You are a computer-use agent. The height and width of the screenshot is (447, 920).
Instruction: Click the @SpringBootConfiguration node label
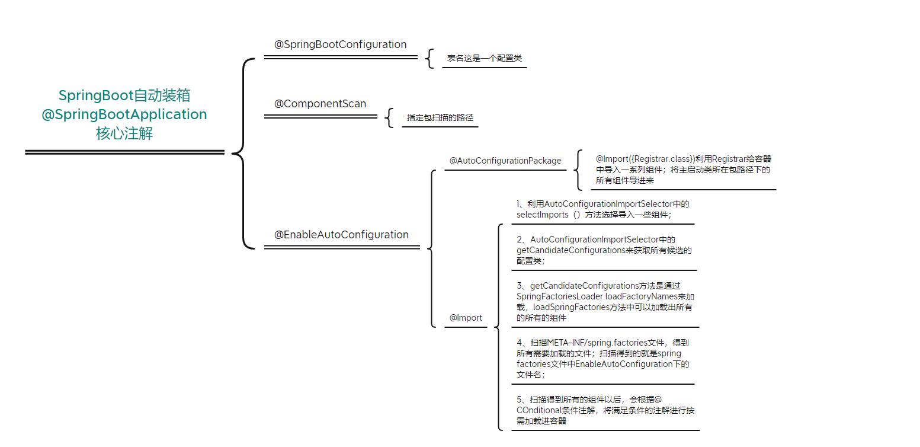tap(340, 44)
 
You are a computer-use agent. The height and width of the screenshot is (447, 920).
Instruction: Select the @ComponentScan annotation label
tap(320, 104)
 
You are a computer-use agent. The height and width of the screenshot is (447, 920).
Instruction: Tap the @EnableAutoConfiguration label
tap(341, 235)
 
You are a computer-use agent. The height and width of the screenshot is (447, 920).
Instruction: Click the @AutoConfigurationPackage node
tap(505, 161)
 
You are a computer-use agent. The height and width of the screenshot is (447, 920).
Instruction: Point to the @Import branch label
tap(466, 318)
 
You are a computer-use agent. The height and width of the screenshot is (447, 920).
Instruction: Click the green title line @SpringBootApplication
tap(124, 114)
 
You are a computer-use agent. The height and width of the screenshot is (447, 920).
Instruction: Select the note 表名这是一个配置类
tap(484, 59)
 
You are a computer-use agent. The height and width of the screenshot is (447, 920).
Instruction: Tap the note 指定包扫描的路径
tap(440, 117)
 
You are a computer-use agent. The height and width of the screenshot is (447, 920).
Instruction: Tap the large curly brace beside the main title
tap(243, 153)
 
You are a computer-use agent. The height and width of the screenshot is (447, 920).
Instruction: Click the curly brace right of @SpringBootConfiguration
tap(429, 58)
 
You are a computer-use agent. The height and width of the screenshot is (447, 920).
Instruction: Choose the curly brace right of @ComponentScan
tap(389, 117)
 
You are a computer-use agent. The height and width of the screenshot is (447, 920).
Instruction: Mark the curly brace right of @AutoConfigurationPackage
tap(578, 170)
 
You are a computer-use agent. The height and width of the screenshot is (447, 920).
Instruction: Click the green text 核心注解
tap(124, 134)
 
